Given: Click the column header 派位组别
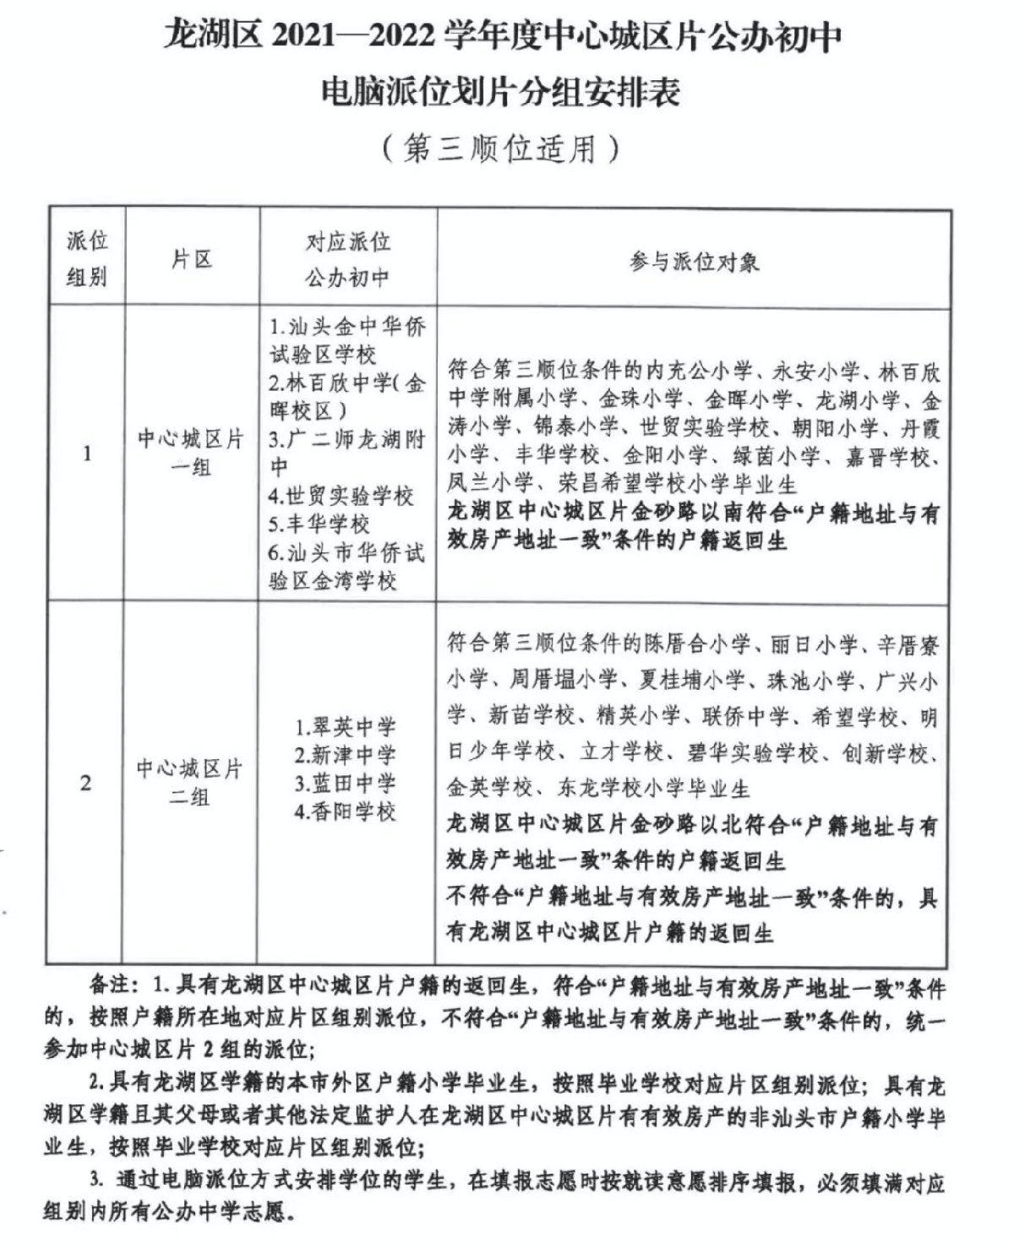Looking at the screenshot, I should coord(87,259).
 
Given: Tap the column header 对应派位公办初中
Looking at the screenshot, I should coord(347,259).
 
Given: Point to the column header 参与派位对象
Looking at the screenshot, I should coord(694,262).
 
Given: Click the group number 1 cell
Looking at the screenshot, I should coord(87,454).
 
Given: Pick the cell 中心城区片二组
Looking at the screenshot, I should coord(190,783).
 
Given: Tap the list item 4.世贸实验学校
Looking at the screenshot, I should coord(341,496).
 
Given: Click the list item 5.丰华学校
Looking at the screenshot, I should coord(319,524).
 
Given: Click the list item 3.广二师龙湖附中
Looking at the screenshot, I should coord(346,453).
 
